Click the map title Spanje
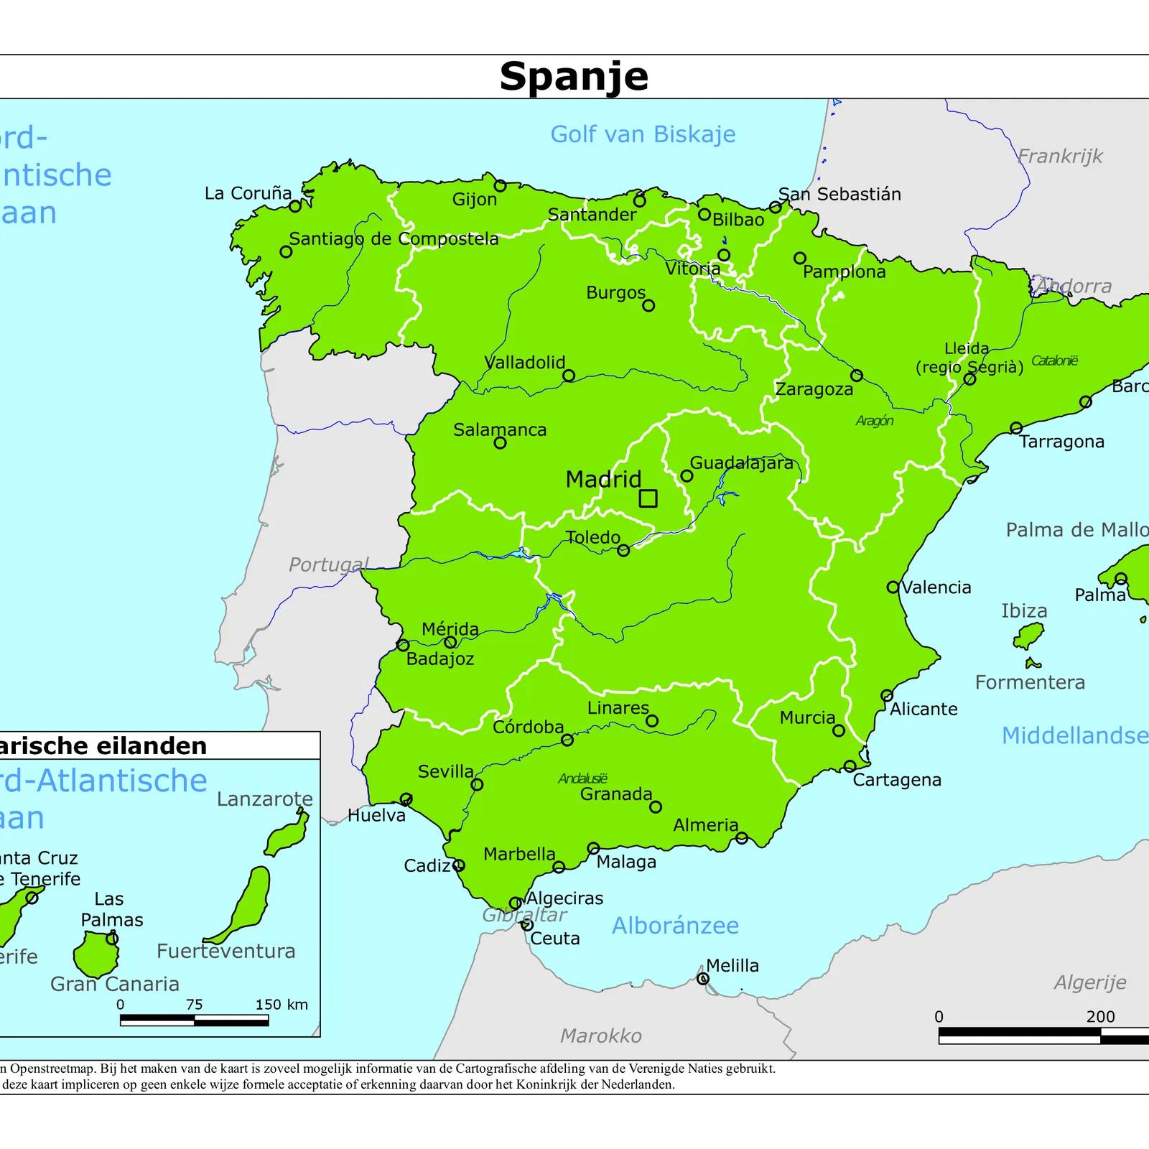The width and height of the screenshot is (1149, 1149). click(574, 76)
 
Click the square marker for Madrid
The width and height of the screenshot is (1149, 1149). click(648, 498)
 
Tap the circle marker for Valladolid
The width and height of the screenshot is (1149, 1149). click(569, 376)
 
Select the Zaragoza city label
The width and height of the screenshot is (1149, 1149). click(814, 390)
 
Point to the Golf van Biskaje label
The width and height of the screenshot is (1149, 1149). click(643, 134)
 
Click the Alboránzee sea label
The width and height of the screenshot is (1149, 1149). click(675, 926)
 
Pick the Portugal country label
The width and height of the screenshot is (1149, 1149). click(329, 564)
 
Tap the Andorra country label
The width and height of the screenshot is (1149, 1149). click(1074, 287)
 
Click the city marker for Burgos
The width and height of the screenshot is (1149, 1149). click(648, 306)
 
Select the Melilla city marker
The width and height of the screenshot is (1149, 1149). click(703, 979)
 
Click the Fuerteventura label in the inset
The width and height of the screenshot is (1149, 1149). click(226, 952)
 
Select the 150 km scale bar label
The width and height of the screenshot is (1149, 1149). click(282, 1005)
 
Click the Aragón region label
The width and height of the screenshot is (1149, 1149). click(875, 421)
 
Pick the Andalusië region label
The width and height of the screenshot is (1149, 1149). click(582, 778)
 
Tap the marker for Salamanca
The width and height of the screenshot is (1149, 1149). click(501, 443)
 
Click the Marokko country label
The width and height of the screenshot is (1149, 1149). click(601, 1036)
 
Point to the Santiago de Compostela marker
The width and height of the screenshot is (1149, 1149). click(286, 252)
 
